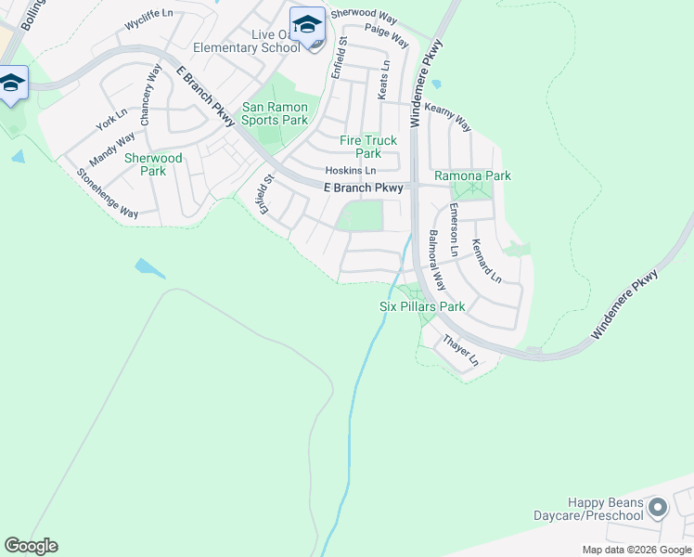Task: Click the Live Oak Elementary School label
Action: coord(248,41)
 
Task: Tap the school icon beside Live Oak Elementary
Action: coord(307,25)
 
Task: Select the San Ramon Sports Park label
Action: coord(275,113)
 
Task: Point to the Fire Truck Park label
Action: coord(368,147)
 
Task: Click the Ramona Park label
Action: coord(473,175)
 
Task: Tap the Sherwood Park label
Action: coord(153,164)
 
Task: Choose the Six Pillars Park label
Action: coord(422,306)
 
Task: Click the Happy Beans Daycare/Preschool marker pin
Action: coord(658,508)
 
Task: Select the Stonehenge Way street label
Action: coord(108,193)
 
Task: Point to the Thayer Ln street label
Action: coord(460,350)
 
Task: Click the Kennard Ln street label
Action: coord(486,262)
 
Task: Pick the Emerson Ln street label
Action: coord(454,230)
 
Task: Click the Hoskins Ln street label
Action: coord(351,171)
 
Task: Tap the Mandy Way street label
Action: coord(118,149)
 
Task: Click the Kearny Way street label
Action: coord(447,117)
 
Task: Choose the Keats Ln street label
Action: coord(383,81)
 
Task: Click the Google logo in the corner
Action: coord(31,545)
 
